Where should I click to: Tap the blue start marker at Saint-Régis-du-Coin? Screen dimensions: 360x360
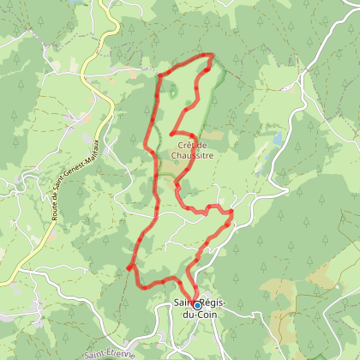coord(196,305)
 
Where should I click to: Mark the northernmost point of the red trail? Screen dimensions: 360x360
coord(210,55)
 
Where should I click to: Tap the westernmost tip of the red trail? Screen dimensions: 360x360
coord(129,268)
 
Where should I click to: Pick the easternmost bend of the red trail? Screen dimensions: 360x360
coord(233,211)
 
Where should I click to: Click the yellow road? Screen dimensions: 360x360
coord(110,51)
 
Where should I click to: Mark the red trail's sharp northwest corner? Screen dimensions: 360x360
coord(159,78)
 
